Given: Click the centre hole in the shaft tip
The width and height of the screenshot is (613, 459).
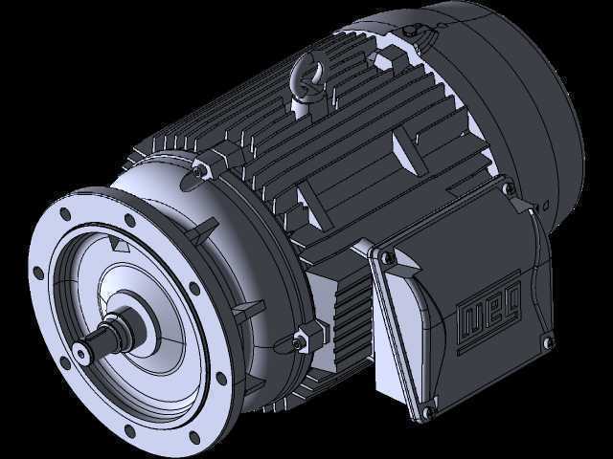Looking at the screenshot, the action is pos(81,355).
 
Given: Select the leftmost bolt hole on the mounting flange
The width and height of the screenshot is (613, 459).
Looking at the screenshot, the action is pos(38,273).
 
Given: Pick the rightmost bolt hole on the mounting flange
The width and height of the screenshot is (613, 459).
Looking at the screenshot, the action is pos(221,379).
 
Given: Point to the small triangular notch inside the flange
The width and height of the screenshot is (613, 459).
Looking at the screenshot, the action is pos(119,245).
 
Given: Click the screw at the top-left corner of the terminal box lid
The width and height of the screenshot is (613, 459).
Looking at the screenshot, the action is pos(388,256).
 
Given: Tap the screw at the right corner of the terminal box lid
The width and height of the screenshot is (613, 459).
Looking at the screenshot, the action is pos(548,342).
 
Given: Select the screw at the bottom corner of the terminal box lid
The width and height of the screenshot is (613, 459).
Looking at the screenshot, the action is pos(428,411).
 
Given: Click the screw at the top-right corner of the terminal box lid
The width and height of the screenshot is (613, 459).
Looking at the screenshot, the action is pos(509,189).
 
